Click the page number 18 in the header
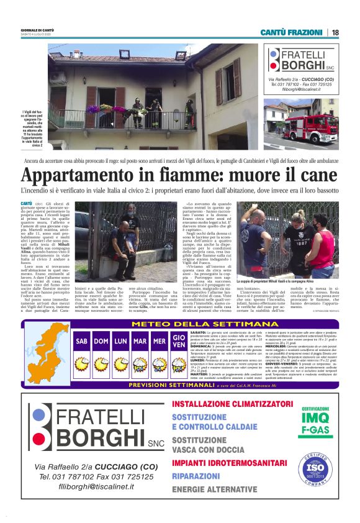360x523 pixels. (x=335, y=32)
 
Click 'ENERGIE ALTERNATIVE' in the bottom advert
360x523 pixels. (x=214, y=490)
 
